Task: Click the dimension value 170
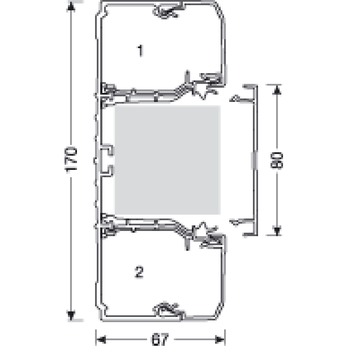tap(71, 159)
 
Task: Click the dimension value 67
tap(160, 340)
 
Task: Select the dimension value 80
tap(277, 160)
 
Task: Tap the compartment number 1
tap(140, 51)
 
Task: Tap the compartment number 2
tap(139, 272)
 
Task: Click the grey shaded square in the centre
tap(167, 160)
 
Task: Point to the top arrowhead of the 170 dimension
tap(71, 7)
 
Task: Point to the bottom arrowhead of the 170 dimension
tap(71, 315)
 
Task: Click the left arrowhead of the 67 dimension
tap(101, 340)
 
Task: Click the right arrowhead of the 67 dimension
tap(220, 340)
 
